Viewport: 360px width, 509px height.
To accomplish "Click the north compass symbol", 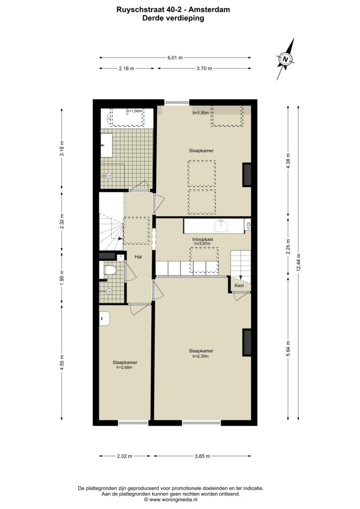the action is coord(285,59).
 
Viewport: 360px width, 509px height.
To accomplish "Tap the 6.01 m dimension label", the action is coord(175,58).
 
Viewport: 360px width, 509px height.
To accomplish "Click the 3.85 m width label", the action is coord(202,456).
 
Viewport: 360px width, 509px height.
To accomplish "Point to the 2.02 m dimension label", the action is coord(125,456).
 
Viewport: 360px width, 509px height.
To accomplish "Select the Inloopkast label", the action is coord(202,239).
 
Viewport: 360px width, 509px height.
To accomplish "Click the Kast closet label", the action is coord(239,285).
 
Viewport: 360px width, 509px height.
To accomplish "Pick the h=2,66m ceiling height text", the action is coord(125,367).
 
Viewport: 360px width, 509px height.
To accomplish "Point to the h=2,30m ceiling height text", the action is coord(200,356).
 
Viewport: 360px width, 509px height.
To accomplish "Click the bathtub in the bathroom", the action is coord(127,117).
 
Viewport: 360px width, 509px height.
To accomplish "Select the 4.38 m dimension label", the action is coord(288,159).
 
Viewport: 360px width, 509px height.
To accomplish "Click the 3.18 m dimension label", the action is coord(62,148).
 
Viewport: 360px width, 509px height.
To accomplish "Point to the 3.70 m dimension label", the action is coord(204,69).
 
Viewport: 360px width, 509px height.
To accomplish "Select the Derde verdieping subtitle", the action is coord(174,18).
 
